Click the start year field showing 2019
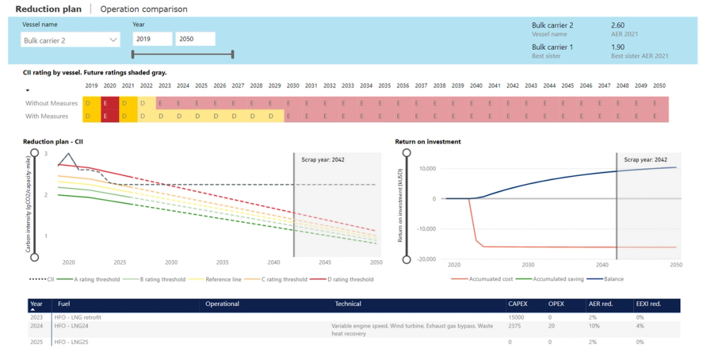(x=152, y=39)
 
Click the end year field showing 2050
(x=194, y=39)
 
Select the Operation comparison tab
(x=143, y=9)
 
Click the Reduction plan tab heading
(x=48, y=9)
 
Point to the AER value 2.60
(x=620, y=26)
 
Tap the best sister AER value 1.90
(x=620, y=47)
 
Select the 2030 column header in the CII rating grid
(x=293, y=86)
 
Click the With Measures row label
(x=47, y=116)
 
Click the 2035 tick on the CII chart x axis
(x=222, y=263)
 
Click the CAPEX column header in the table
(x=518, y=304)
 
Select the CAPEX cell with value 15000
(x=516, y=317)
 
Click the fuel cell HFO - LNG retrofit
(x=80, y=317)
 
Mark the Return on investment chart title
(x=428, y=142)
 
